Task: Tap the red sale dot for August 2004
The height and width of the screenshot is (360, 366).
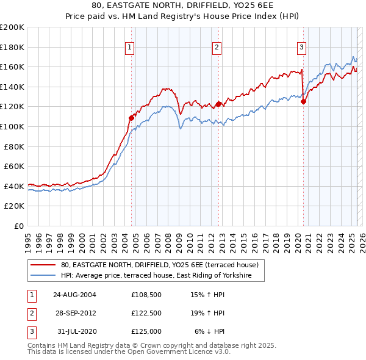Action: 131,117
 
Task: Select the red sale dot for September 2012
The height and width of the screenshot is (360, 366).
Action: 218,104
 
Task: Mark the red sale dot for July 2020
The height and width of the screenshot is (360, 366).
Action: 303,102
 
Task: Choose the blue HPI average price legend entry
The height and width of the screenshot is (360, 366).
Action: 162,276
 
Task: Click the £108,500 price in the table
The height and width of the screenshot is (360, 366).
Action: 146,295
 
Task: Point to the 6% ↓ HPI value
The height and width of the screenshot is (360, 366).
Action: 209,331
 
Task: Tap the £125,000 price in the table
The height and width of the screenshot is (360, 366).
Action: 146,331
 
